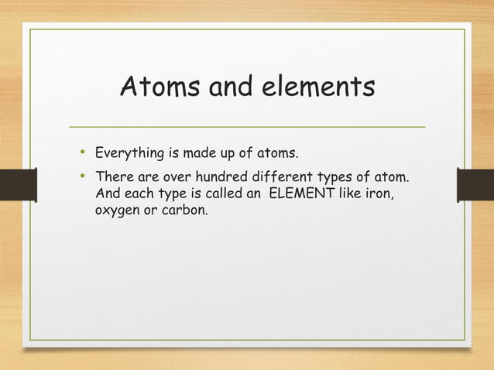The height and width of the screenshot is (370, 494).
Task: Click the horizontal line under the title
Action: [247, 126]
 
